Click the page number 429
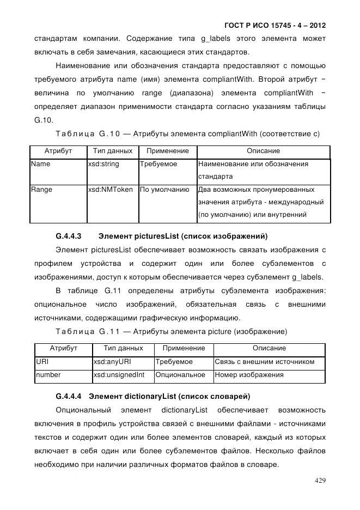(x=320, y=480)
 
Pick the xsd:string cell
(x=103, y=164)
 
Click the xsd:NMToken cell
(x=110, y=190)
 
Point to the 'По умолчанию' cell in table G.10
(x=164, y=190)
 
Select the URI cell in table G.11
(x=42, y=361)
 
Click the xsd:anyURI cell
(x=112, y=361)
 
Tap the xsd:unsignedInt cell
(x=118, y=375)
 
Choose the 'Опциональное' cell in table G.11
(x=180, y=375)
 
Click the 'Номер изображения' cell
(x=249, y=375)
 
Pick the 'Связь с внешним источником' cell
(x=265, y=361)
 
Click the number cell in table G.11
(x=48, y=375)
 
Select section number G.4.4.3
(x=69, y=236)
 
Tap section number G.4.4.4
(x=69, y=395)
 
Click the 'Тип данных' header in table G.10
(x=113, y=151)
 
